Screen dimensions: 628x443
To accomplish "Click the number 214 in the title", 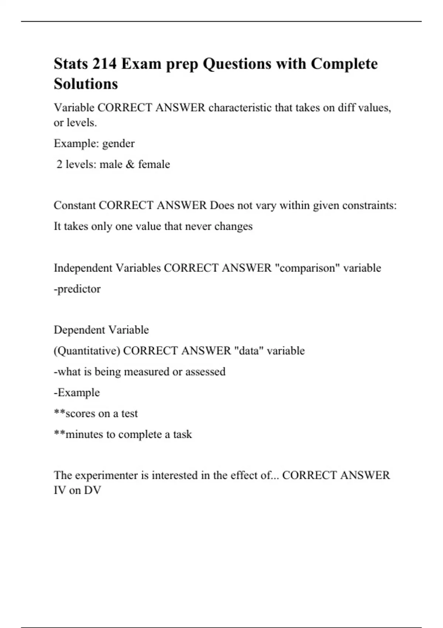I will [x=104, y=64].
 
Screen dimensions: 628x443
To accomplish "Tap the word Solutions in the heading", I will [x=86, y=84].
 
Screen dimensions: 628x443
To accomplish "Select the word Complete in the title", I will [x=344, y=64].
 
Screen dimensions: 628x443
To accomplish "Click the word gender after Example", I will [x=118, y=144].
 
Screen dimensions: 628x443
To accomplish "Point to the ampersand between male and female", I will [x=130, y=164].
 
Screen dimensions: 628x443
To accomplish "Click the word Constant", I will [x=75, y=205].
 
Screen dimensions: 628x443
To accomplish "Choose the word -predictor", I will [x=77, y=289].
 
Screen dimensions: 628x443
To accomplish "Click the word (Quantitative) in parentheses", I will [x=87, y=351].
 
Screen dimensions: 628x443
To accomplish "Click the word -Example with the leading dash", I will [x=77, y=392].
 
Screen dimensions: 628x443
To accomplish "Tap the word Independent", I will [x=83, y=268].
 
